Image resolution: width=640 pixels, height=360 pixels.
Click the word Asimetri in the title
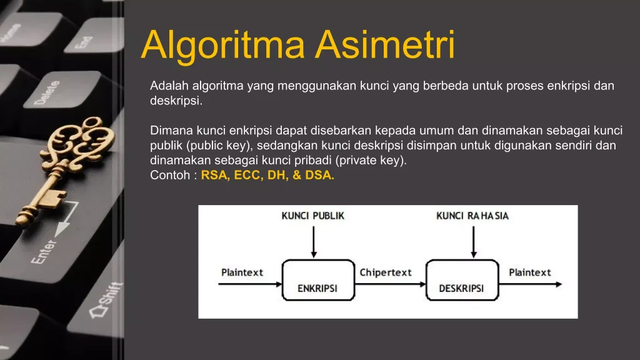pos(386,44)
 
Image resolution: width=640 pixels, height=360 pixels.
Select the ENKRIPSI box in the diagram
pos(317,279)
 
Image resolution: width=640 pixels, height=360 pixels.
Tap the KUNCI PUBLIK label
pos(313,216)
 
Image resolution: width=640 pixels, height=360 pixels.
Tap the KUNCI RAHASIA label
pos(472,216)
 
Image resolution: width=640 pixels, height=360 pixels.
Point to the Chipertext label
pos(386,272)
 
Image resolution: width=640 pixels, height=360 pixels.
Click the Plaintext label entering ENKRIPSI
pos(242,272)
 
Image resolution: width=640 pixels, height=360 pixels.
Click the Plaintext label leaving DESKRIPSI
pos(530,272)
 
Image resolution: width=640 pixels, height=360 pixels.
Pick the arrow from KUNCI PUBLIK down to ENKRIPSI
pos(314,241)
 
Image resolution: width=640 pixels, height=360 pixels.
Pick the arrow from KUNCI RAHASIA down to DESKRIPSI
pos(474,241)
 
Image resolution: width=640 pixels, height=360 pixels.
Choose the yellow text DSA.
pos(319,176)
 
